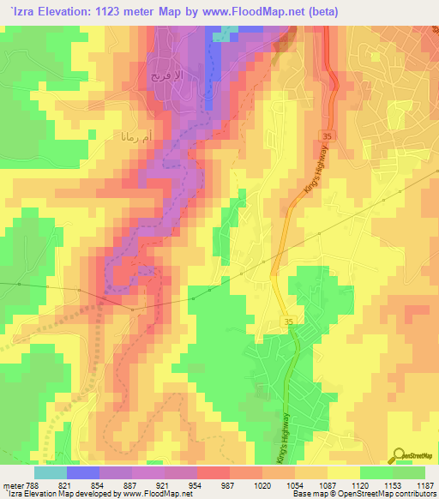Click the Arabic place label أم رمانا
(x=132, y=135)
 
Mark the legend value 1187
(x=424, y=484)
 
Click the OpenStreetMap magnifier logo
(x=400, y=455)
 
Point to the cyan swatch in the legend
(x=51, y=472)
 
